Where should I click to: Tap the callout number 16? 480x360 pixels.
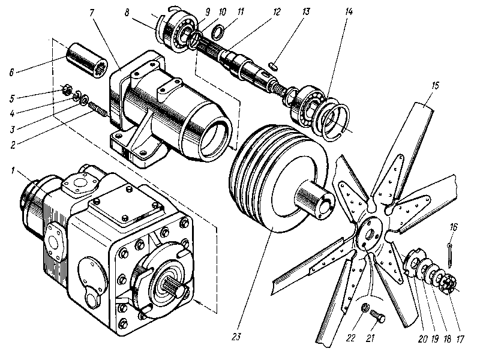click(454, 227)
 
